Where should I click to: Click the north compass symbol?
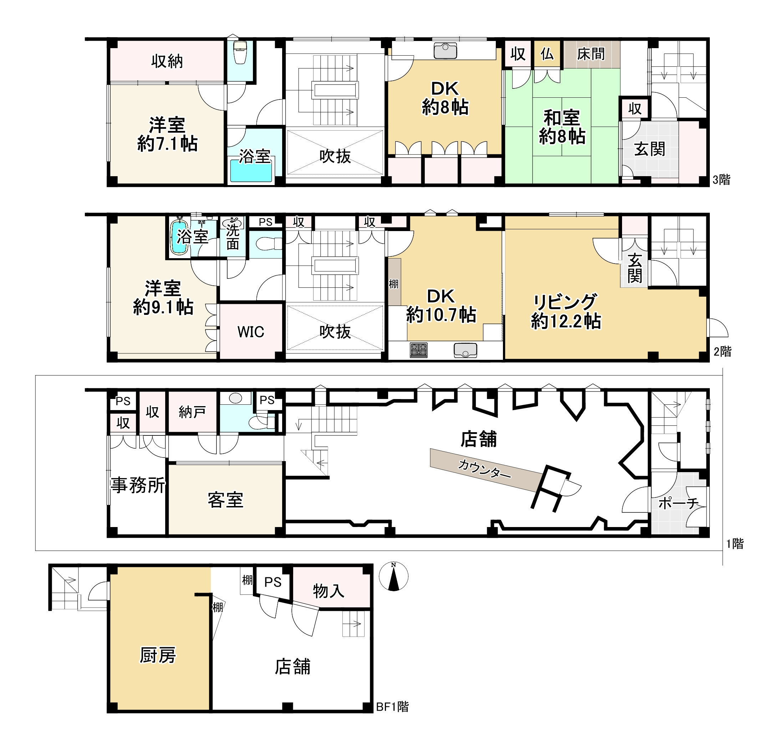coord(393,576)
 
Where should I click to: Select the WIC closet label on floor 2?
coord(250,332)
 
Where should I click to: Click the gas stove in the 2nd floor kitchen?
coord(418,350)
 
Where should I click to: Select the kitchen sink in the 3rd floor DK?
coord(445,51)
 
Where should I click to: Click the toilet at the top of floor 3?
coord(240,52)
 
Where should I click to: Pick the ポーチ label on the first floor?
coord(678,504)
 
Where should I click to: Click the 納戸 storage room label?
coord(192,412)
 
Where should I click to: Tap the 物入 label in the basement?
coord(328,591)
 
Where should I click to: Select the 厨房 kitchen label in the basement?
coord(158,655)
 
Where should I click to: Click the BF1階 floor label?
coord(392,707)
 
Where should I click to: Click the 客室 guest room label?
coord(225,500)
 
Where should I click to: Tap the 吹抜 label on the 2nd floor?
coord(335,332)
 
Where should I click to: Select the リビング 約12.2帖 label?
coord(566,312)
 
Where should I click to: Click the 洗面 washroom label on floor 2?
coord(233,237)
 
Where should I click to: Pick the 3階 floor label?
coord(721,180)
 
